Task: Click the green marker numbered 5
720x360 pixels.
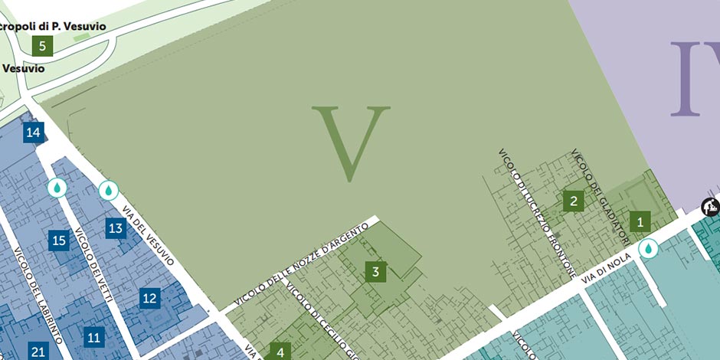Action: click(42, 46)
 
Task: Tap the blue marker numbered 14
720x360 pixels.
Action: click(33, 133)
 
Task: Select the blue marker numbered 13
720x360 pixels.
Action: click(116, 228)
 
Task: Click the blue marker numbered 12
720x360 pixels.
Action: click(149, 299)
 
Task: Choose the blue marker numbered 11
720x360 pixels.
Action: click(94, 337)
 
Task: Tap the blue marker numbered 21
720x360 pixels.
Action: click(38, 352)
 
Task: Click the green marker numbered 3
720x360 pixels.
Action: click(375, 271)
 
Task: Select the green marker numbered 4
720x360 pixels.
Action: click(280, 352)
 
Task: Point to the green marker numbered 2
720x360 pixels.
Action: click(573, 201)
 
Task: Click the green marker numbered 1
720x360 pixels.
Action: click(640, 223)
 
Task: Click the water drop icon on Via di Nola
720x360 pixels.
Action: click(648, 249)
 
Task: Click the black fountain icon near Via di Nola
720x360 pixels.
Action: click(710, 206)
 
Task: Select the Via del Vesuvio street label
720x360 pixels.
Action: click(149, 234)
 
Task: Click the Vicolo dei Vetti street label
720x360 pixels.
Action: click(93, 264)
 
